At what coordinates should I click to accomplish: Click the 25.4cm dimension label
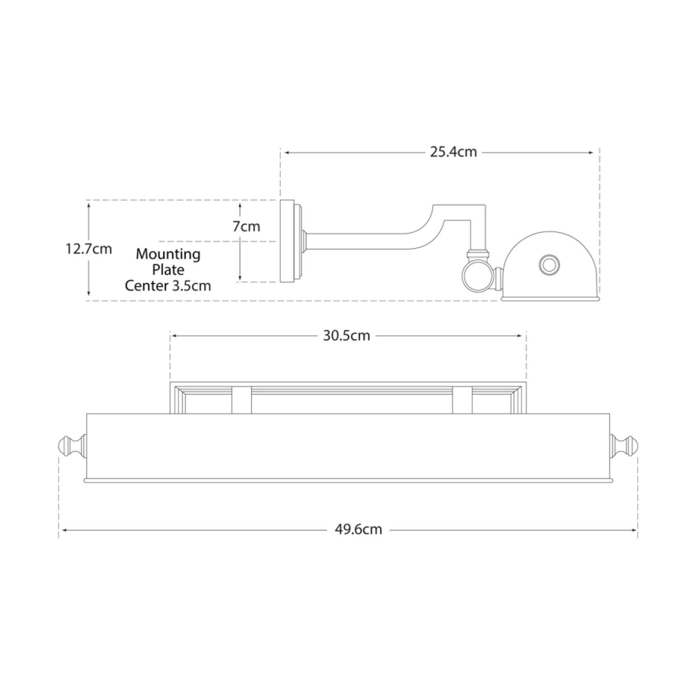(453, 152)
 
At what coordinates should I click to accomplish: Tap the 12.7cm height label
(89, 249)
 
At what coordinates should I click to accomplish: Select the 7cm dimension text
(246, 226)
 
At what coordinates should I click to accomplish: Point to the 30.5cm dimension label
(346, 336)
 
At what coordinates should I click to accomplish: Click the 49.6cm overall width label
(358, 530)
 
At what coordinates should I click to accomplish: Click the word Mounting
(168, 255)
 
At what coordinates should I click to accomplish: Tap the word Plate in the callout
(168, 270)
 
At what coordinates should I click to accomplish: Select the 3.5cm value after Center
(191, 285)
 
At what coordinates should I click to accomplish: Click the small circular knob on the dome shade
(549, 264)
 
